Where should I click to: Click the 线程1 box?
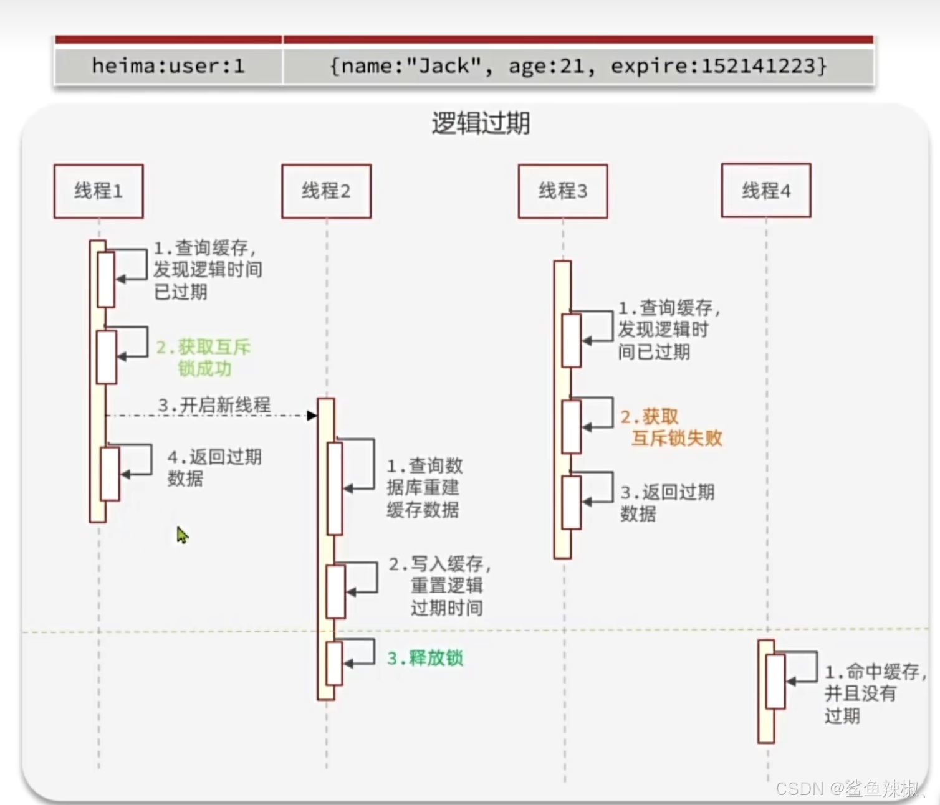[x=98, y=191]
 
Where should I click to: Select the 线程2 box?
[x=326, y=191]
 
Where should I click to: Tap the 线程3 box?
[x=562, y=191]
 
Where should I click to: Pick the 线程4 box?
[x=766, y=191]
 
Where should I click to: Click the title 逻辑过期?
[x=481, y=123]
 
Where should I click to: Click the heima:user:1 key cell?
[x=168, y=66]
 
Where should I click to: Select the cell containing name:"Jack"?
[x=578, y=66]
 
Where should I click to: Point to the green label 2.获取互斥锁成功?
[x=203, y=358]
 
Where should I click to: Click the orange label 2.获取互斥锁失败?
[x=671, y=427]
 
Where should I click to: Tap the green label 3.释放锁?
[x=425, y=658]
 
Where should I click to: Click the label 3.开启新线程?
[x=214, y=405]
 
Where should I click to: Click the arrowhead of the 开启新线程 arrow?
[x=312, y=416]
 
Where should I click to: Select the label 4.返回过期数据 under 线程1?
[x=214, y=467]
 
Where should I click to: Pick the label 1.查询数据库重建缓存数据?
[x=424, y=488]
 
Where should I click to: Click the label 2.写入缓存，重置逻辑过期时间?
[x=440, y=586]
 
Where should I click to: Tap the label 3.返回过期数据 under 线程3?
[x=667, y=503]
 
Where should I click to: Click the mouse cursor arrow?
[x=182, y=535]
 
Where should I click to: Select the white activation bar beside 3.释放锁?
[x=334, y=663]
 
